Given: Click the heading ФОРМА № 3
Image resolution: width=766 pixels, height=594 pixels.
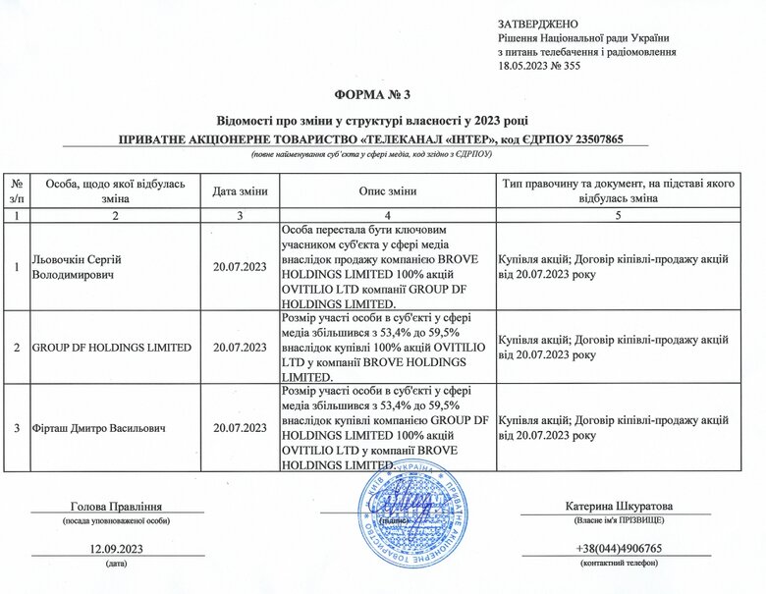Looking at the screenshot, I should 382,94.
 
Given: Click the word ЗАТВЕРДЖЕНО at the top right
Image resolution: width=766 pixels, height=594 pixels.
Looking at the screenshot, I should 538,23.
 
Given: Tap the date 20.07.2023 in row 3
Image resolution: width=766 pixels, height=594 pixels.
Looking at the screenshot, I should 239,427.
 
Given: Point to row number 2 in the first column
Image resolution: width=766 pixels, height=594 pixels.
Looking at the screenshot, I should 16,347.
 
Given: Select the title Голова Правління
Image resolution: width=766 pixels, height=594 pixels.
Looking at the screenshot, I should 116,506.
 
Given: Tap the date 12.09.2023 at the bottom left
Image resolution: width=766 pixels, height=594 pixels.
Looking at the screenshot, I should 116,548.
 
